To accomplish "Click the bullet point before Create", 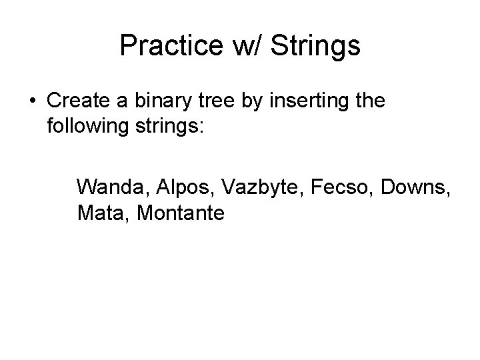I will click(x=33, y=101).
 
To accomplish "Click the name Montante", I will click(x=181, y=213).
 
